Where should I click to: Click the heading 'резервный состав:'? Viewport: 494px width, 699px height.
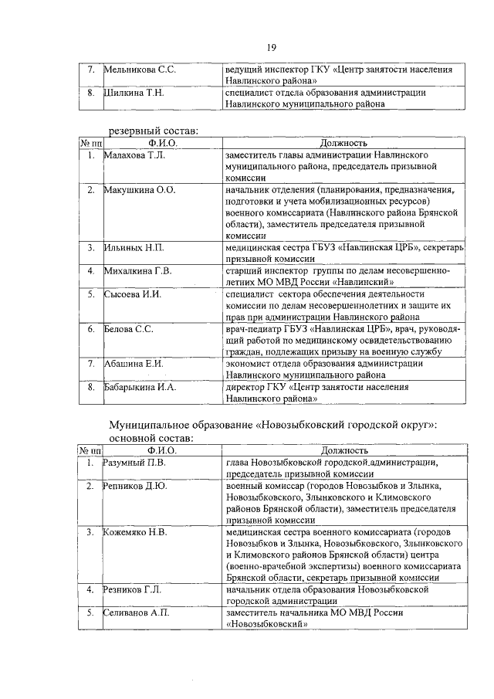153,131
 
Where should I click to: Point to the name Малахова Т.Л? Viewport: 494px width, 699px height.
135,155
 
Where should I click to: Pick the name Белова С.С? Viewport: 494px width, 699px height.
129,328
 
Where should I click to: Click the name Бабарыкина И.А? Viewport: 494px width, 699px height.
140,386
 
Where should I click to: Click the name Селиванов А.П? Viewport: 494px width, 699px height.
137,612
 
